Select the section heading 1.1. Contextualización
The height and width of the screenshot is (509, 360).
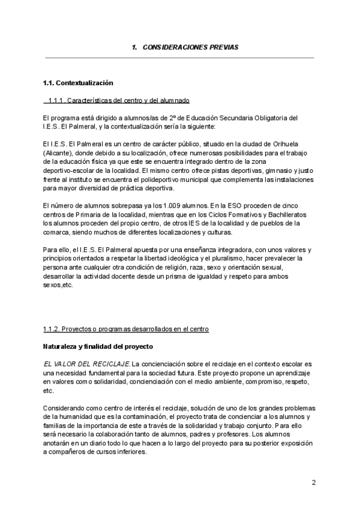(x=78, y=83)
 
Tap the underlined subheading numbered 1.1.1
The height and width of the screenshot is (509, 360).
(x=119, y=100)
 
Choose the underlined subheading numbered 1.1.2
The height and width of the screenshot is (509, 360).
(x=126, y=330)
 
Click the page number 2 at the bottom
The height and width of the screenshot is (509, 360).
(x=313, y=483)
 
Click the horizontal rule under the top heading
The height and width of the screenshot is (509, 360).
(x=180, y=58)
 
